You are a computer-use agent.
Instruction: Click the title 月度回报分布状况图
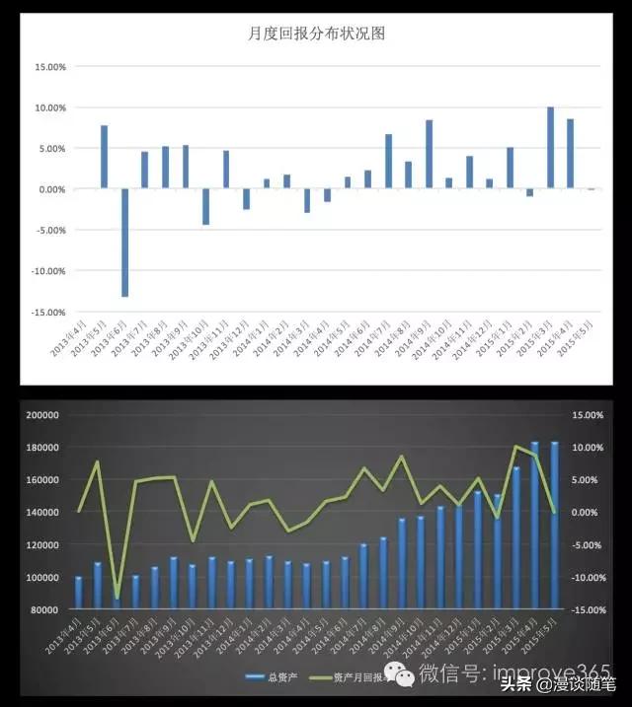coord(315,34)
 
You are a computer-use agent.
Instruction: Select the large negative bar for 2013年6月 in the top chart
coord(124,242)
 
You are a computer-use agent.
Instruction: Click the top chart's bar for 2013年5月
coord(104,156)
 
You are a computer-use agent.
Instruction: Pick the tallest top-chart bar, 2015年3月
coord(550,147)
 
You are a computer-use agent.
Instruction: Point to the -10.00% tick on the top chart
coord(48,271)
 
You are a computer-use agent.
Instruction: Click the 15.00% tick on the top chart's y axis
coord(49,67)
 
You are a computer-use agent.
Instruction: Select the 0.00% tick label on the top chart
coord(51,189)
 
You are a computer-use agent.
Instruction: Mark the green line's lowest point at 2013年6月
coord(117,598)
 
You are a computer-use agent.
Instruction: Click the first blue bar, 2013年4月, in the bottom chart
coord(79,592)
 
